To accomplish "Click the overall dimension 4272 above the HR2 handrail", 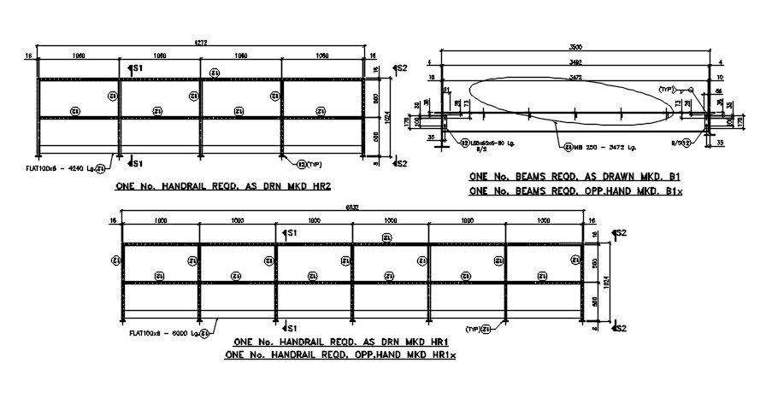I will (201, 42).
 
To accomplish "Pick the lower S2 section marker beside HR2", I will (399, 161).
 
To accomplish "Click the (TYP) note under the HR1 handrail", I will (474, 329).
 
